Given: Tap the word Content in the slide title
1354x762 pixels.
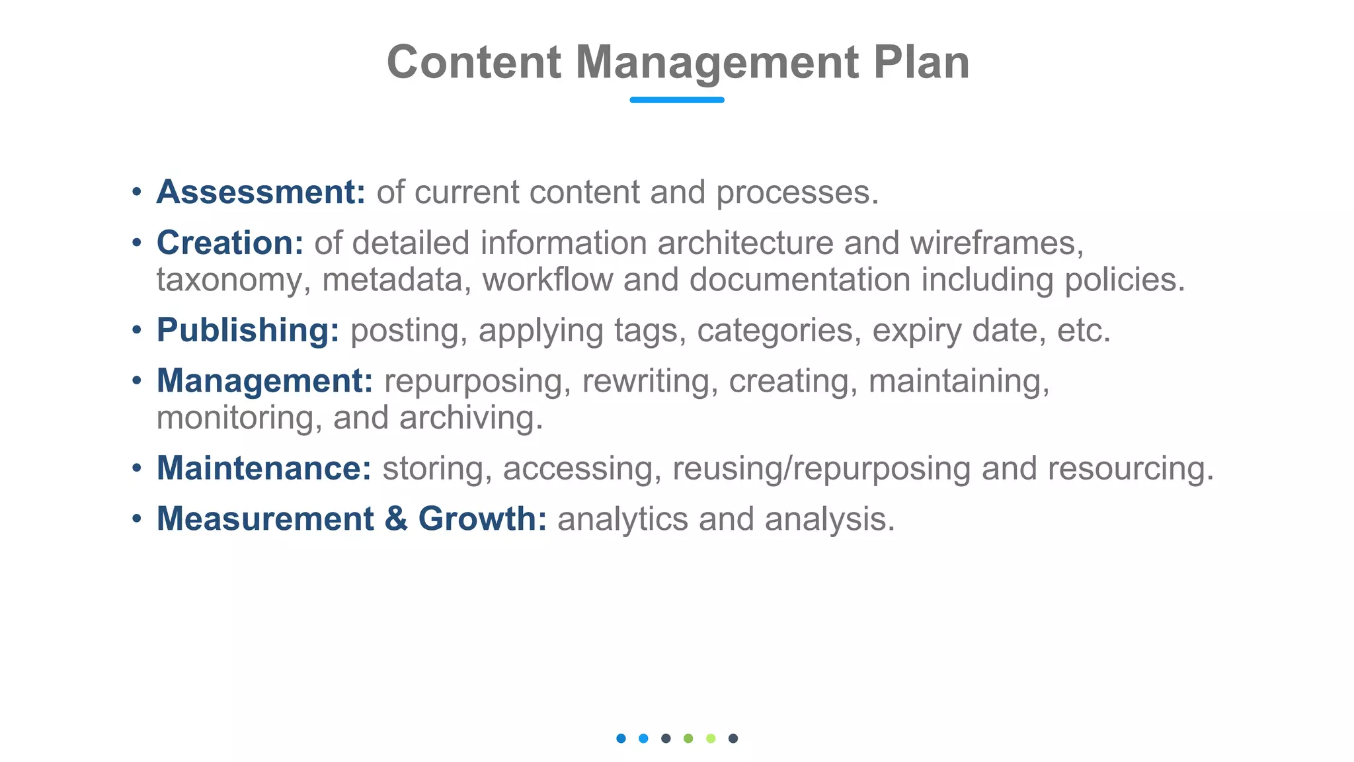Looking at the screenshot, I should click(473, 62).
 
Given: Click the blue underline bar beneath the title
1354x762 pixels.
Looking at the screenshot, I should click(676, 100).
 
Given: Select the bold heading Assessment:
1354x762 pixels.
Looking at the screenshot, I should click(260, 192).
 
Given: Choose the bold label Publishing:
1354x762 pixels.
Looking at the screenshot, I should click(248, 330).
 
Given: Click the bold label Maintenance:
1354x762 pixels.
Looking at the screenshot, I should click(264, 468).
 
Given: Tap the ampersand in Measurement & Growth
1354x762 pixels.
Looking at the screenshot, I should click(395, 519).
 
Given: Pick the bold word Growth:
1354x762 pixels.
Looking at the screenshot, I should click(482, 519).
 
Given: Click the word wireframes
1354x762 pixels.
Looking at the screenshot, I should click(996, 243).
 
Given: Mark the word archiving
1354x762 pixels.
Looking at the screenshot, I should click(471, 418).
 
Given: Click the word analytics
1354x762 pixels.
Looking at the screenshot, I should click(623, 519).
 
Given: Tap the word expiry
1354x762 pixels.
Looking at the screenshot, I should click(916, 331).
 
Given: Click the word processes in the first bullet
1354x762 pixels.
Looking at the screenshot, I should click(797, 192).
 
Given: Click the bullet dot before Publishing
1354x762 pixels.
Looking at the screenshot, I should click(137, 329).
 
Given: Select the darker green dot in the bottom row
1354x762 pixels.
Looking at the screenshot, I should click(688, 738).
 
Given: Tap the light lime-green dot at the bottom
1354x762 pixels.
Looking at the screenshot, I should click(711, 738).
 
